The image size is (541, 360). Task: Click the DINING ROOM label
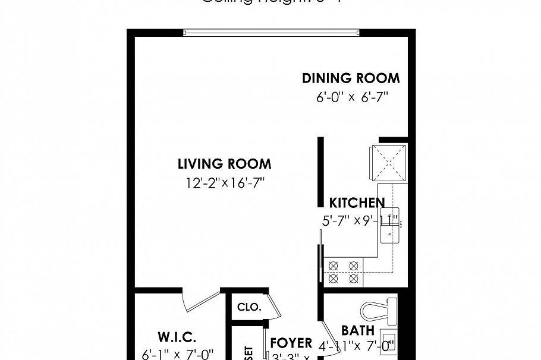351,78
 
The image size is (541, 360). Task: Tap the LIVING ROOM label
224,164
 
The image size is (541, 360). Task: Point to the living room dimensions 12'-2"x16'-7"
224,183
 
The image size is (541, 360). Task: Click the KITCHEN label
357,203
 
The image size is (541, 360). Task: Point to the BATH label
357,331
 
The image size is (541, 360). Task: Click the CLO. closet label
249,307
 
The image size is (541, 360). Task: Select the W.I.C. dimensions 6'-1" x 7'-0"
177,354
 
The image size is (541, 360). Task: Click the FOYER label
291,343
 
